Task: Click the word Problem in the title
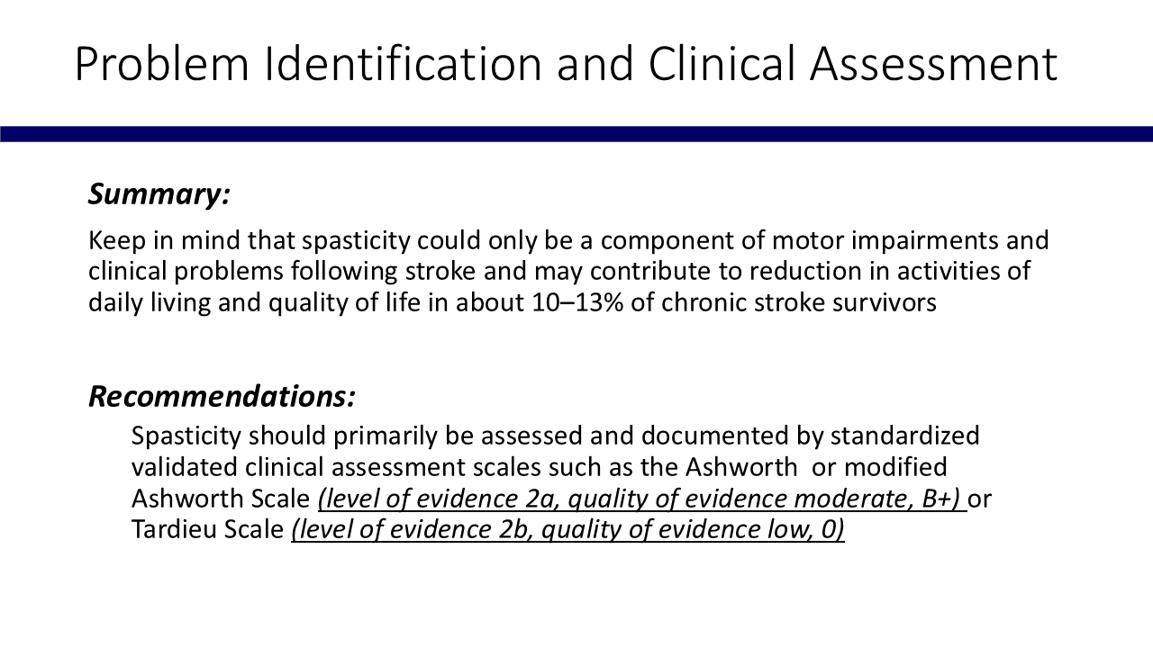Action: click(162, 63)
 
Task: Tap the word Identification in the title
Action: click(403, 63)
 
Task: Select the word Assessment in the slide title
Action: click(934, 63)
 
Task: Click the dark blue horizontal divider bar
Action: click(576, 134)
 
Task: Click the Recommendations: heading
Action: click(222, 397)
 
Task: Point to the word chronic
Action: click(704, 302)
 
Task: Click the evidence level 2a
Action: click(541, 499)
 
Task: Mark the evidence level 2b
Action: click(514, 530)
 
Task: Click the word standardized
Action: click(905, 436)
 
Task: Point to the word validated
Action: click(185, 467)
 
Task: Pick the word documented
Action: click(714, 436)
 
